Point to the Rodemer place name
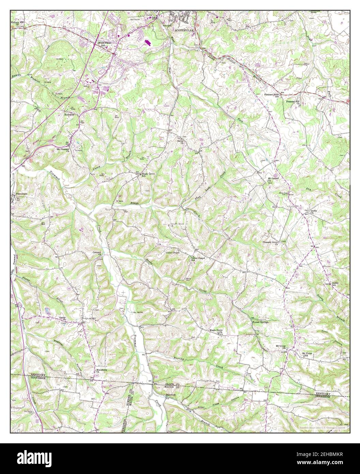[x=69, y=115]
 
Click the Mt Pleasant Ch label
[x=63, y=149]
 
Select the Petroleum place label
[x=21, y=194]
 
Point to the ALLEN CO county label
[x=172, y=384]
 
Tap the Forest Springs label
[x=260, y=322]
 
